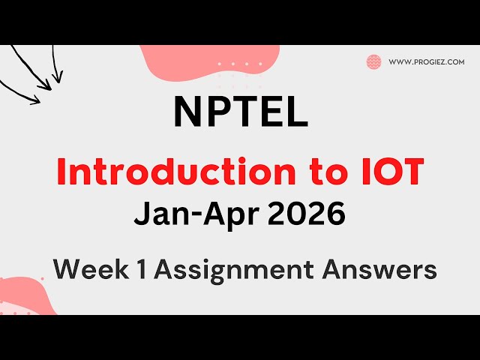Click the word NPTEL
(x=240, y=112)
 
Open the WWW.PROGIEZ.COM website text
(x=427, y=62)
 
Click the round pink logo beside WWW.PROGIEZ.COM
(x=373, y=62)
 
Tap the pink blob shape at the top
(x=187, y=64)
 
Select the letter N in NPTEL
(x=187, y=112)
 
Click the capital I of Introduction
(x=62, y=173)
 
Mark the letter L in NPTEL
(x=297, y=112)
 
